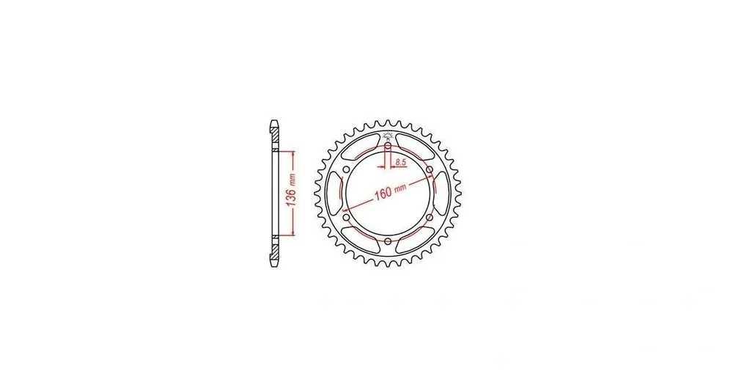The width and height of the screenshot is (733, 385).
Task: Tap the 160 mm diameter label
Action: [389, 191]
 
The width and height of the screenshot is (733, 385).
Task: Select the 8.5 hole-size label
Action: [400, 162]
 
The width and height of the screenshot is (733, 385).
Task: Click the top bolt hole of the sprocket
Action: [388, 145]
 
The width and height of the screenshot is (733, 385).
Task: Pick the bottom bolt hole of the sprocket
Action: [388, 241]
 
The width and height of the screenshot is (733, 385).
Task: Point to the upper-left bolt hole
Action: [346, 169]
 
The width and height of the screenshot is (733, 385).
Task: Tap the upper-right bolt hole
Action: [429, 169]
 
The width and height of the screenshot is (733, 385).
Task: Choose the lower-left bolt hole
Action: [346, 217]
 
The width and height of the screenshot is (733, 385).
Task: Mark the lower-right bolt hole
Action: [429, 217]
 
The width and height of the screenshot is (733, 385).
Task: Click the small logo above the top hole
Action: [387, 136]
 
